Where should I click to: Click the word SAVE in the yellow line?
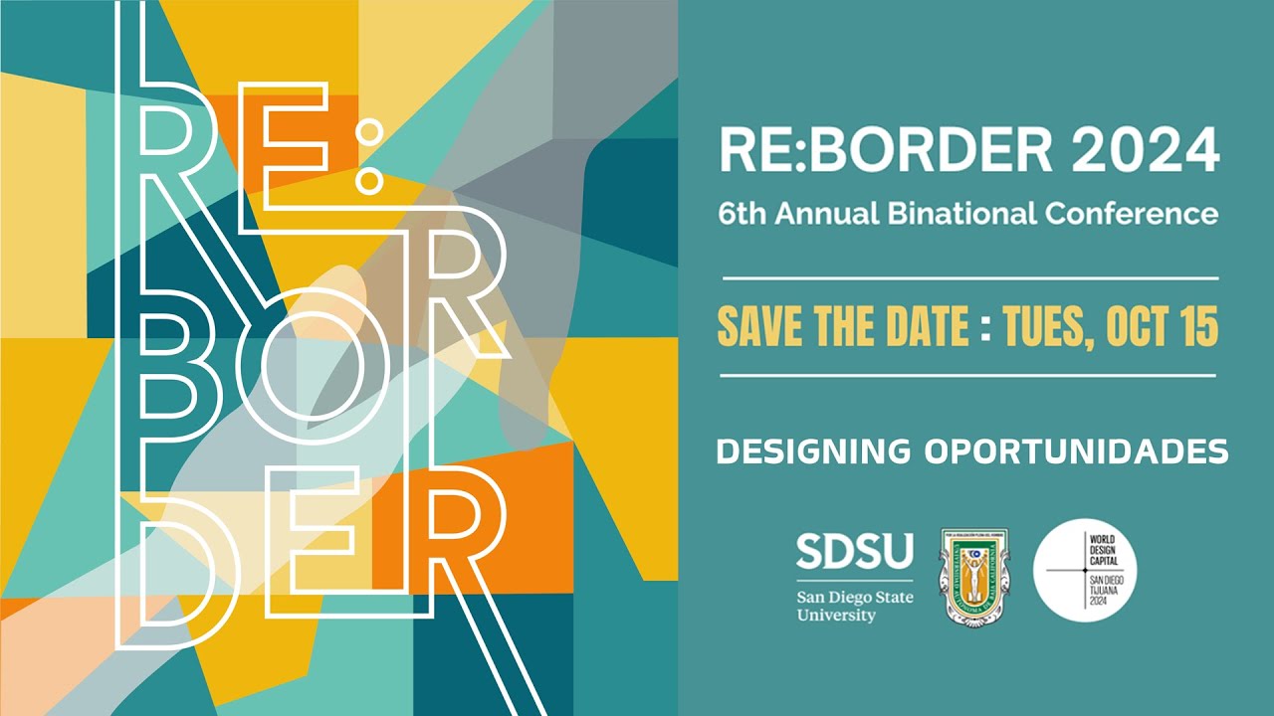757,327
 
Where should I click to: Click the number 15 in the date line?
1197,327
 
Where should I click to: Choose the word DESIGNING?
813,451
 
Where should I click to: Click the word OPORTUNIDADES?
1076,451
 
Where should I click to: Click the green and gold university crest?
974,576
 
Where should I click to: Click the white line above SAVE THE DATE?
968,278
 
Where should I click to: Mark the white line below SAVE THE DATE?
968,376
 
